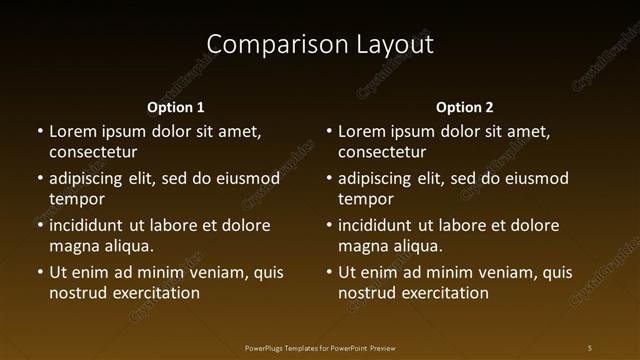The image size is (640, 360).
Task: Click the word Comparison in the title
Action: [x=263, y=45]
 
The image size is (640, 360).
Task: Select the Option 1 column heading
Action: [x=176, y=107]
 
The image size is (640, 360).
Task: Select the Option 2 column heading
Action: [x=465, y=107]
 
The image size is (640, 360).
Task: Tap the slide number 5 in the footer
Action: [x=590, y=347]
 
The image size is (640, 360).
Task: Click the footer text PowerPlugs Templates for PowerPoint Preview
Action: [x=320, y=347]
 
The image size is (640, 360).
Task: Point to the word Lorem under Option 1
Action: [x=73, y=131]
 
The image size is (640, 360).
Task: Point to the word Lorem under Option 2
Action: [x=362, y=131]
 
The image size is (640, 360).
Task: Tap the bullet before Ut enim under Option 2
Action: [x=329, y=272]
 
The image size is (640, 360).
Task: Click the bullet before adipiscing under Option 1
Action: [x=40, y=178]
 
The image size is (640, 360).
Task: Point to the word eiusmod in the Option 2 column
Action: [x=535, y=178]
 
